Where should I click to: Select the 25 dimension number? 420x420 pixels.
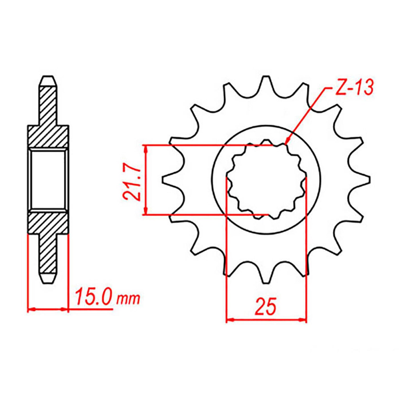(x=266, y=306)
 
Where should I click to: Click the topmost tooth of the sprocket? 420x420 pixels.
(x=266, y=80)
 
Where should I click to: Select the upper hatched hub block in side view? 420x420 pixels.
(x=48, y=136)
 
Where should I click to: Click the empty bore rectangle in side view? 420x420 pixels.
(x=48, y=180)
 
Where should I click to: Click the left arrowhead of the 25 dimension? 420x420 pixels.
(x=230, y=320)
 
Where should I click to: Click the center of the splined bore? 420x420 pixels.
(x=266, y=180)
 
